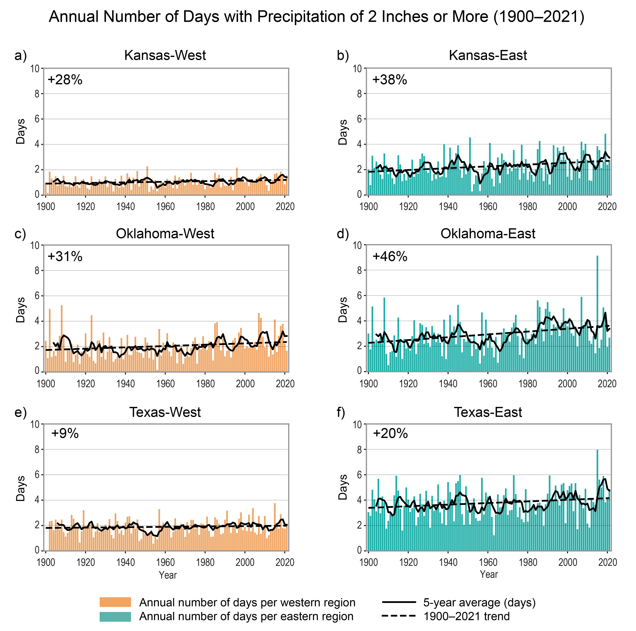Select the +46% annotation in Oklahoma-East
390,256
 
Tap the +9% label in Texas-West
65,433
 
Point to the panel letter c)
20,234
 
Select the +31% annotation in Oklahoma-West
65,256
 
